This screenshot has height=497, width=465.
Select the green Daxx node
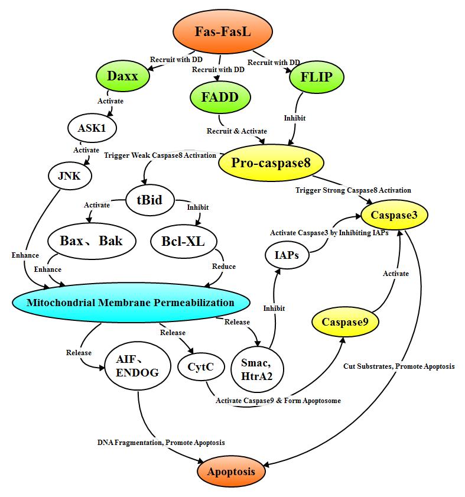pyautogui.click(x=122, y=76)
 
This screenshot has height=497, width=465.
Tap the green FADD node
pyautogui.click(x=219, y=98)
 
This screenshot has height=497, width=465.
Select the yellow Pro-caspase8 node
pyautogui.click(x=271, y=163)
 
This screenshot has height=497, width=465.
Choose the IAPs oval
pyautogui.click(x=286, y=256)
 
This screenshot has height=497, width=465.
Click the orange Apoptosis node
pyautogui.click(x=231, y=472)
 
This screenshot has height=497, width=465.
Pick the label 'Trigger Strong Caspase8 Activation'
pyautogui.click(x=353, y=190)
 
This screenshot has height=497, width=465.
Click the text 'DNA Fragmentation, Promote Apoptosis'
pyautogui.click(x=161, y=443)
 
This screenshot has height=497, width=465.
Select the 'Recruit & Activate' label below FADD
pyautogui.click(x=236, y=131)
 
